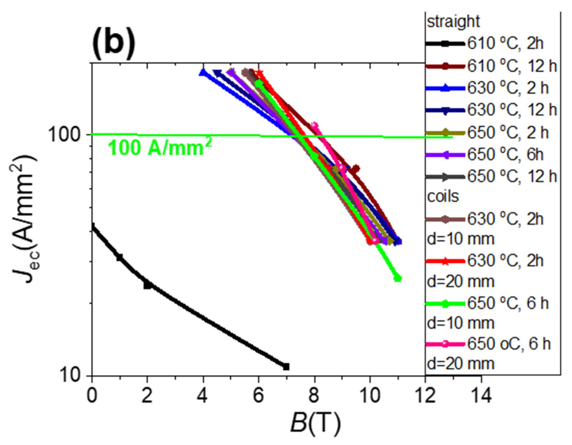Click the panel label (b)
coord(113,42)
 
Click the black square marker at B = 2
coord(147,285)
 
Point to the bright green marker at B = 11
coord(398,278)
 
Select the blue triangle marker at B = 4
coord(203,73)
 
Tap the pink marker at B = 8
coord(314,126)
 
